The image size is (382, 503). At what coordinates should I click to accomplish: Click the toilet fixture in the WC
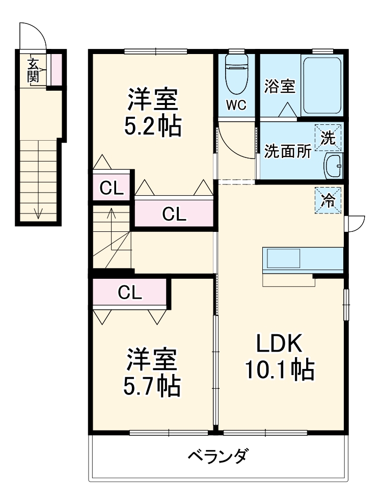(x=236, y=74)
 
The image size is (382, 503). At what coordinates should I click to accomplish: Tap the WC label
(x=236, y=105)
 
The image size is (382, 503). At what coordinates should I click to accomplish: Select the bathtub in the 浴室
(x=321, y=85)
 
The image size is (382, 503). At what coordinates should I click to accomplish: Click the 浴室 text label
(x=280, y=86)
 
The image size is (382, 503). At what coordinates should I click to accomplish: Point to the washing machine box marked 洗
(x=329, y=138)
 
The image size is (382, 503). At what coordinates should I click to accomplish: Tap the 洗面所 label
(x=287, y=152)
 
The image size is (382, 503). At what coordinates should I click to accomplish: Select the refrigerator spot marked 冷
(x=329, y=201)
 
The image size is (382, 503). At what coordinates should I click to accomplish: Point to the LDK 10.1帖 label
(x=279, y=357)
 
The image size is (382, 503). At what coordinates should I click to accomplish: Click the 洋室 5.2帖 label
(x=153, y=112)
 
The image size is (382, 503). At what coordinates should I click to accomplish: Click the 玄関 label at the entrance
(x=33, y=70)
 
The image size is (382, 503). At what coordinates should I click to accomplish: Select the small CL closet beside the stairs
(x=112, y=188)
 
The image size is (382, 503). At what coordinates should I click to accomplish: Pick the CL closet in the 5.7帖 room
(x=130, y=293)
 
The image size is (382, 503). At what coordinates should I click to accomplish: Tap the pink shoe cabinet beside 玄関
(x=57, y=68)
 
